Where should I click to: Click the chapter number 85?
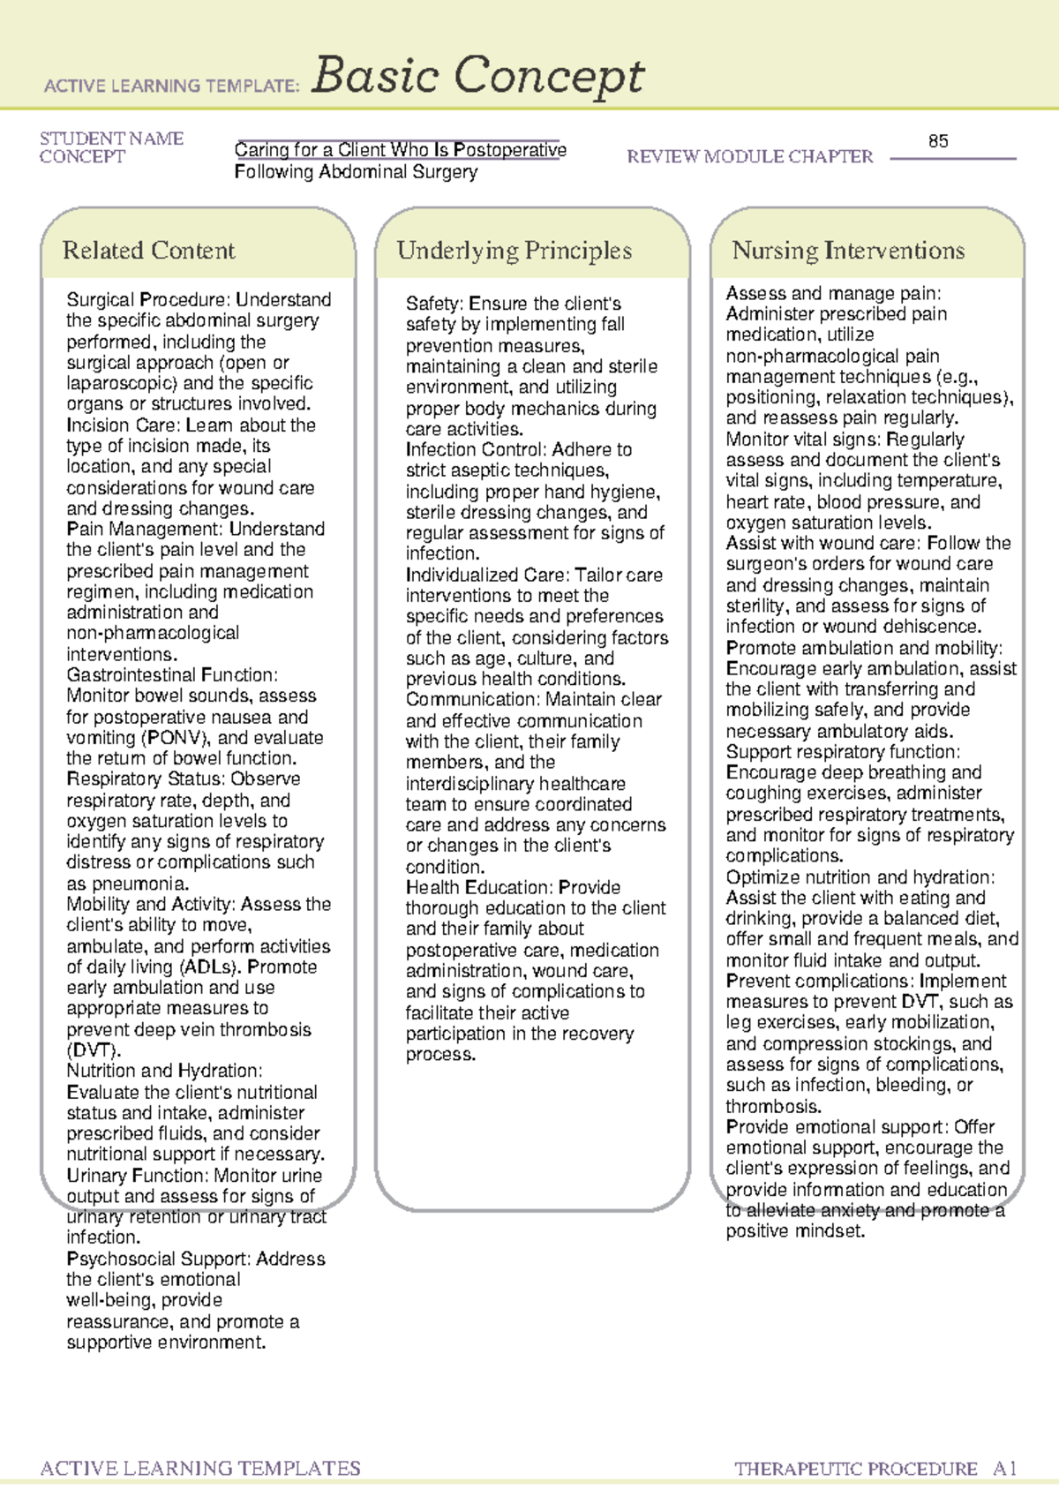pyautogui.click(x=938, y=141)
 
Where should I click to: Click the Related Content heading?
pyautogui.click(x=148, y=251)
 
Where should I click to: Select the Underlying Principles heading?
pyautogui.click(x=514, y=251)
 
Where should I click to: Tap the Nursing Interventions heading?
pyautogui.click(x=847, y=251)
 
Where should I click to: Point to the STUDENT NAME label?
pyautogui.click(x=111, y=139)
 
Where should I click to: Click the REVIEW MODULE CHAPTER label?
pyautogui.click(x=749, y=157)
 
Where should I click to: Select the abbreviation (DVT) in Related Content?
pyautogui.click(x=93, y=1050)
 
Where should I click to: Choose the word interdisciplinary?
pyautogui.click(x=515, y=784)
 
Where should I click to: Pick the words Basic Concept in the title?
pyautogui.click(x=477, y=77)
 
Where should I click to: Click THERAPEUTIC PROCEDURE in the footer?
pyautogui.click(x=855, y=1469)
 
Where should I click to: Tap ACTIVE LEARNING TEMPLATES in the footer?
pyautogui.click(x=200, y=1469)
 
